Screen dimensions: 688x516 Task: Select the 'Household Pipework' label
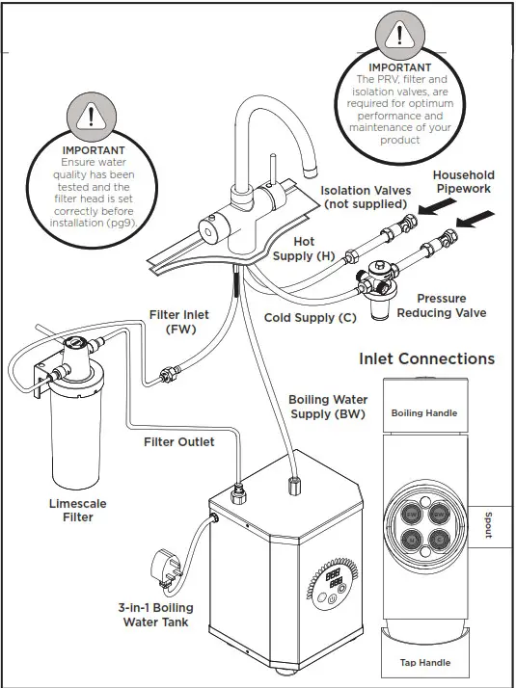coord(463,182)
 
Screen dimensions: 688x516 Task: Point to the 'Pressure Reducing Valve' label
coord(442,305)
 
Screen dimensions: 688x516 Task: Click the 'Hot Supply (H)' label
coord(292,249)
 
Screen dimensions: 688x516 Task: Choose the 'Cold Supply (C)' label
coord(309,318)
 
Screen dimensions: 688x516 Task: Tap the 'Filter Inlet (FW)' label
coord(180,321)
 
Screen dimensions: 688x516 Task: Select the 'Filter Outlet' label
coord(179,442)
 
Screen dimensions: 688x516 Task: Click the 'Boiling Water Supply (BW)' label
coord(328,407)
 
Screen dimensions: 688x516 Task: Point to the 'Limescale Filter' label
coord(78,511)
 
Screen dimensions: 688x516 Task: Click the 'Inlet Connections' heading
coord(426,359)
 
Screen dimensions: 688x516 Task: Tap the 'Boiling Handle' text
coord(424,413)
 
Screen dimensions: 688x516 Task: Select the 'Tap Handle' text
coord(424,663)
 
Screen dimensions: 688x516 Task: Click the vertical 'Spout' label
coord(488,525)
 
